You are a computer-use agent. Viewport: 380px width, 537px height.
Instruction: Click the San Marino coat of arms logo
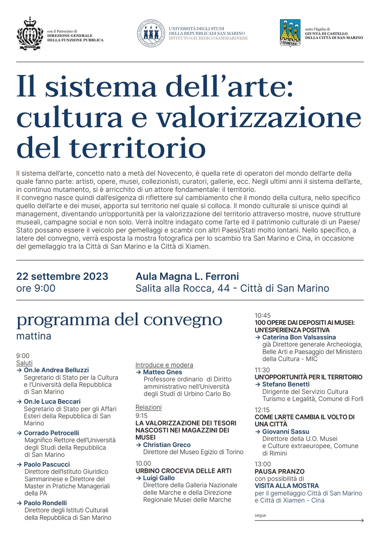tap(30, 34)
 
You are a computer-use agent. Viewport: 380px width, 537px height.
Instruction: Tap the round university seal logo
tap(151, 33)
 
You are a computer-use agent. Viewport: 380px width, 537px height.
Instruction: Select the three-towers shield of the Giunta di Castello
tap(290, 33)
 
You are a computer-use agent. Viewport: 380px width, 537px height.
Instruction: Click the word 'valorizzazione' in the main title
tap(259, 118)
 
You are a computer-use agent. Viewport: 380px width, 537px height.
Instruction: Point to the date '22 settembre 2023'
tap(62, 276)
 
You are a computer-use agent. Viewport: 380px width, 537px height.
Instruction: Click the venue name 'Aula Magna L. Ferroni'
tap(187, 276)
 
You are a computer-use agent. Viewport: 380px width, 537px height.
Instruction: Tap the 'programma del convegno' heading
tap(119, 320)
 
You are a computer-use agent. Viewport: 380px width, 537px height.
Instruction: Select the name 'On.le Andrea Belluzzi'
tap(56, 370)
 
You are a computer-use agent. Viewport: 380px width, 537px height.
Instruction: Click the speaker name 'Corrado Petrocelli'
tap(51, 433)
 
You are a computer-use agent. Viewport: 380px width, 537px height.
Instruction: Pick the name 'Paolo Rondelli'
tap(45, 503)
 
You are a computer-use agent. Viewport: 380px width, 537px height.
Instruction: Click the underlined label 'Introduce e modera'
tap(164, 365)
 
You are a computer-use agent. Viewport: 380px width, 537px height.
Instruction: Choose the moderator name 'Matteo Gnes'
tap(163, 372)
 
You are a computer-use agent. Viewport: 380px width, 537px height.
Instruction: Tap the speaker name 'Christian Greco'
tap(167, 445)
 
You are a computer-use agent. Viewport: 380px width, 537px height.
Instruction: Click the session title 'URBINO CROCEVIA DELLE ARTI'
tap(184, 471)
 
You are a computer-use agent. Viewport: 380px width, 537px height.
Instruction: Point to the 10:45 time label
tap(263, 316)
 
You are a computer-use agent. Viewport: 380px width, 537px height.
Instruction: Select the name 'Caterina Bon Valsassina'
tap(299, 337)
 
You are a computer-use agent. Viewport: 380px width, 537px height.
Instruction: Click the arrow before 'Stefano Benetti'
tap(258, 384)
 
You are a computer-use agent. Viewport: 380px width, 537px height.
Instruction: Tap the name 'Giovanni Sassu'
tap(286, 432)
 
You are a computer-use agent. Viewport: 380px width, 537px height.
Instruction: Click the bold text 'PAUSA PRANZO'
tap(280, 471)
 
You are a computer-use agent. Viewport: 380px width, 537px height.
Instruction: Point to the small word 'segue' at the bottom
tap(260, 515)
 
